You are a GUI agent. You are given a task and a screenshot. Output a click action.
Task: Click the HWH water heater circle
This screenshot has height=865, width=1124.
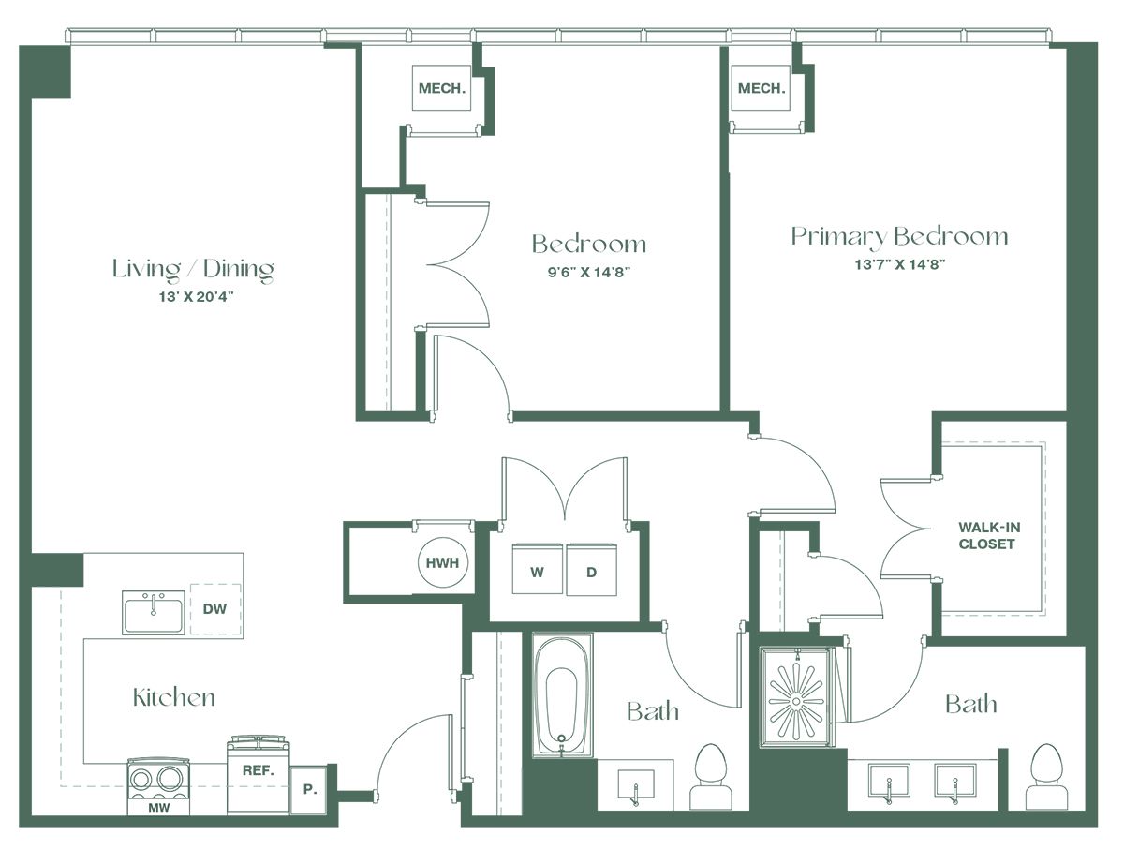tap(443, 562)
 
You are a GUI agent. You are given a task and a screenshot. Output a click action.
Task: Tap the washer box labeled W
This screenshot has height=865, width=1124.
tap(537, 569)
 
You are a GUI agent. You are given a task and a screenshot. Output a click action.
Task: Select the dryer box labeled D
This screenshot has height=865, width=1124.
tap(591, 569)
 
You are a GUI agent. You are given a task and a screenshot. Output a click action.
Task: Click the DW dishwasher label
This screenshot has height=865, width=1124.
tap(214, 609)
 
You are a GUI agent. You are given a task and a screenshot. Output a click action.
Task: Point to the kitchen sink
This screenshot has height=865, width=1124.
tap(154, 613)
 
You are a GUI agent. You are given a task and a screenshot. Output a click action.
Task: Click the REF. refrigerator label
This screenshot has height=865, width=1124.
tap(259, 771)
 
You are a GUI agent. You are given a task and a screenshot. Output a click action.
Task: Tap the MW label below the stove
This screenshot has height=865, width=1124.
tap(159, 808)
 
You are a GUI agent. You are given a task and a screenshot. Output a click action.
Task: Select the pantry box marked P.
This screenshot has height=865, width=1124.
tap(309, 790)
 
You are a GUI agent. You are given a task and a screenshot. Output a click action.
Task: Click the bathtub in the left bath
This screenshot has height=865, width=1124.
tap(562, 697)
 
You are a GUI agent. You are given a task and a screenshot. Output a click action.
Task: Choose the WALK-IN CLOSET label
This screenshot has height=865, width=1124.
tap(989, 535)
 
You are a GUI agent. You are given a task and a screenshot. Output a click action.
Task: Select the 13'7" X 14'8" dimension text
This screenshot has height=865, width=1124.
tap(900, 265)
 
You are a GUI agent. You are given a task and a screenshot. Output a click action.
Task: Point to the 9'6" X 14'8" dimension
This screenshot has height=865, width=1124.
tap(589, 272)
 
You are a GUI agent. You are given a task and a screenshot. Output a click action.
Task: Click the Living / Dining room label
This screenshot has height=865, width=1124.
tap(194, 270)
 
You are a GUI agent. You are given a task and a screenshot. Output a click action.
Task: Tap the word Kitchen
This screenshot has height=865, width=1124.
tap(174, 697)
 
